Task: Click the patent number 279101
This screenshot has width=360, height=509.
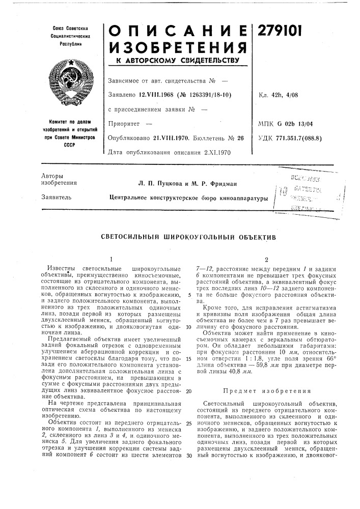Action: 281,32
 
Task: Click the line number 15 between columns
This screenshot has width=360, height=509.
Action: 188,358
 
